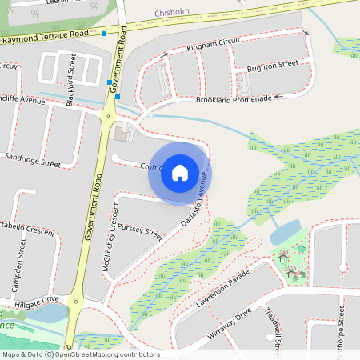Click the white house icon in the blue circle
[180, 172]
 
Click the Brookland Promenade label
[233, 100]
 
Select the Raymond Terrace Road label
[55, 36]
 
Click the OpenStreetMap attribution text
[80, 354]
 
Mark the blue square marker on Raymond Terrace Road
[104, 34]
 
